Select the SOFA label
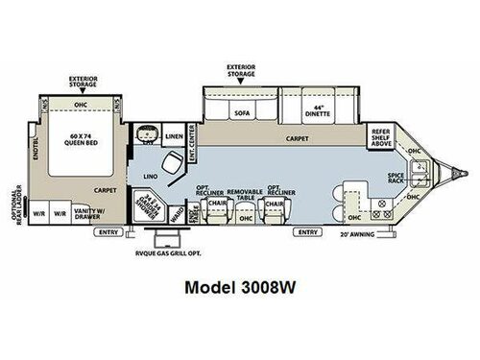242,112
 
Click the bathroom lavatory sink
147,135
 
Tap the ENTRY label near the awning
307,232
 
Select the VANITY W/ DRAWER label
95,213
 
